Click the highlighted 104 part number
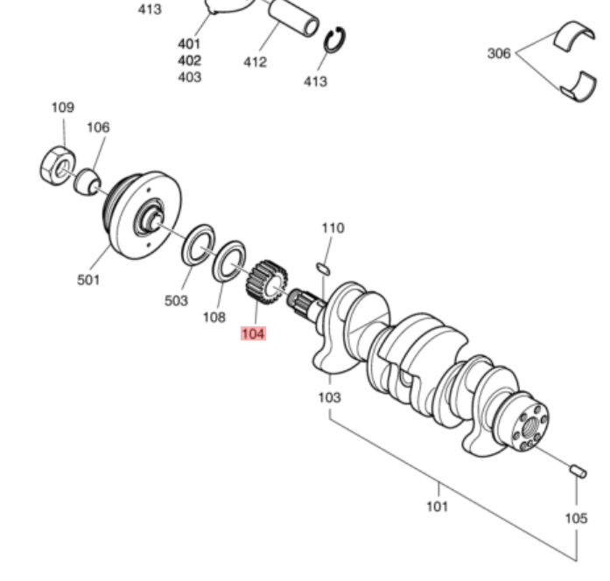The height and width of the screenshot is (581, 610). click(x=253, y=333)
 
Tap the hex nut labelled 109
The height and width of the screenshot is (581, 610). click(x=57, y=164)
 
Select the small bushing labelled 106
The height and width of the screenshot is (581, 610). click(x=86, y=183)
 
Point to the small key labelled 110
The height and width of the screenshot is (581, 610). click(x=321, y=267)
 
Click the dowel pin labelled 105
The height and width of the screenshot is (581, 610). click(x=578, y=472)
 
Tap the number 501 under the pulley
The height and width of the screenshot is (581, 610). click(x=88, y=280)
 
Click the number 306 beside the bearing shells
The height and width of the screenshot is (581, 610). click(x=499, y=53)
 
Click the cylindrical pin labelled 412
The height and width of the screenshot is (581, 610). click(x=293, y=18)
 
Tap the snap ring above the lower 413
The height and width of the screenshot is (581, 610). click(x=336, y=41)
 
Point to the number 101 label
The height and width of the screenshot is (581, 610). click(x=437, y=506)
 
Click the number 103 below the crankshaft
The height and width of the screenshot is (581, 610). click(x=329, y=397)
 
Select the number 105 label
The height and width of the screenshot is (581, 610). click(x=575, y=518)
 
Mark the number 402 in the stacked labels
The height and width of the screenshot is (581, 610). click(x=189, y=60)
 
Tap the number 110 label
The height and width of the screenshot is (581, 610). click(x=333, y=227)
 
